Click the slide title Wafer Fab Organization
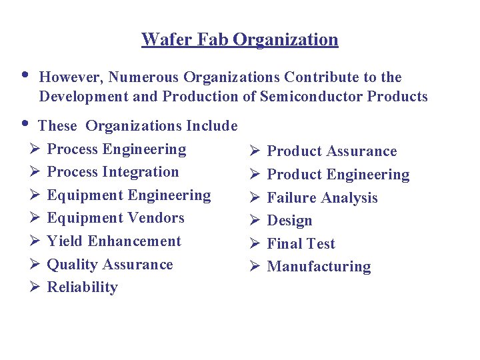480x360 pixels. pyautogui.click(x=240, y=40)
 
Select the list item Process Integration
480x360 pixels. pyautogui.click(x=113, y=172)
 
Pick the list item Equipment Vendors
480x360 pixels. pyautogui.click(x=115, y=218)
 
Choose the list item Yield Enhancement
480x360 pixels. pyautogui.click(x=114, y=241)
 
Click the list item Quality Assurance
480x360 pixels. pyautogui.click(x=110, y=265)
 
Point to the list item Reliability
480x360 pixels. pyautogui.click(x=82, y=287)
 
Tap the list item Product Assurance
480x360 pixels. pyautogui.click(x=331, y=151)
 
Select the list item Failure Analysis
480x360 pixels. pyautogui.click(x=322, y=198)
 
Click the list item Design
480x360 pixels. pyautogui.click(x=289, y=221)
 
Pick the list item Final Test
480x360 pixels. pyautogui.click(x=301, y=244)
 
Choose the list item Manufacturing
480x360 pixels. pyautogui.click(x=319, y=267)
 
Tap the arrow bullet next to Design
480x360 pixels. pyautogui.click(x=255, y=221)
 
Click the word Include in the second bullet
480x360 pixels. pyautogui.click(x=212, y=125)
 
